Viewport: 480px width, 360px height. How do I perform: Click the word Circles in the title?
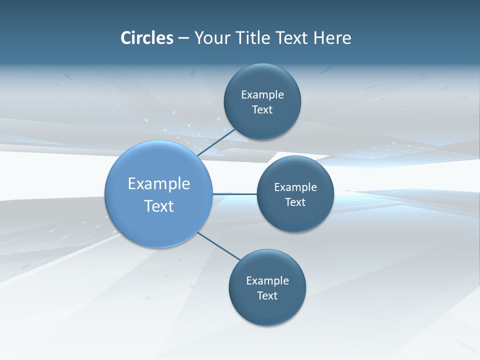point(146,38)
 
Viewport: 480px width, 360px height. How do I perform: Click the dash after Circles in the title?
point(183,38)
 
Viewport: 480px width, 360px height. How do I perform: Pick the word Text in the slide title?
point(292,38)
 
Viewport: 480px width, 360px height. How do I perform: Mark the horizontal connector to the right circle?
point(234,194)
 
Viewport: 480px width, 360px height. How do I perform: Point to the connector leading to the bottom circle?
point(219,246)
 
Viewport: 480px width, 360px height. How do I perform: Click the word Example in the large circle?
point(159,183)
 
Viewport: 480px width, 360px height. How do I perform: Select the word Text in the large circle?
point(159,206)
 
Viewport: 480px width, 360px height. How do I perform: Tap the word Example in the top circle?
point(262,94)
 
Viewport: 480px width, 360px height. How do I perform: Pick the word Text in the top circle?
point(262,109)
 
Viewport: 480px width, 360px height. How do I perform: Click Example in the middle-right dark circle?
point(295,187)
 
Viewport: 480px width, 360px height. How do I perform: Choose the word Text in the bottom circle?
point(267,295)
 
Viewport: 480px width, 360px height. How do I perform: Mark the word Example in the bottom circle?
point(267,280)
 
